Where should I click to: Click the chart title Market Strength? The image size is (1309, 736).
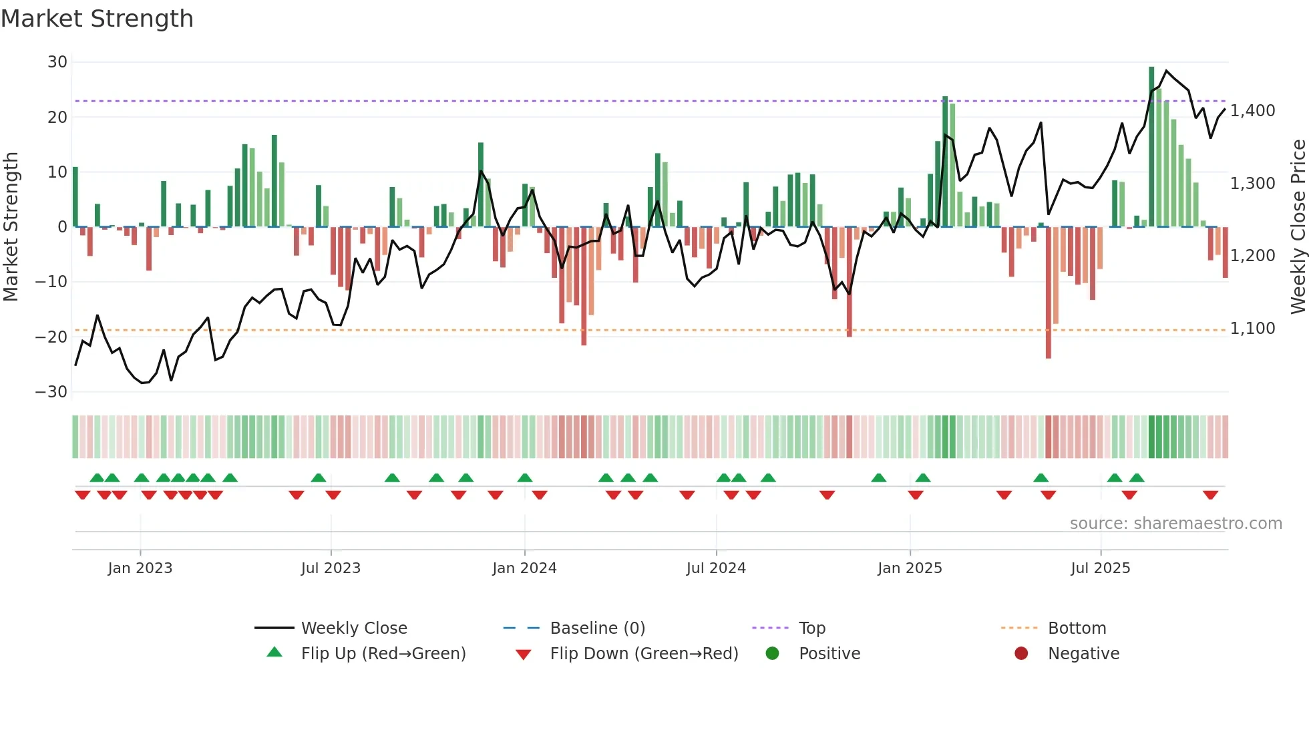(97, 19)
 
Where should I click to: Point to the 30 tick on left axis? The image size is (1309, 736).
(57, 62)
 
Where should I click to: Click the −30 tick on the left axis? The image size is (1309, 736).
(52, 392)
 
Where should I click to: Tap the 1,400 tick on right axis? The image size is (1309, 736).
(1253, 111)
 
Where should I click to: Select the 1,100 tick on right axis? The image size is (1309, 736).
(1253, 329)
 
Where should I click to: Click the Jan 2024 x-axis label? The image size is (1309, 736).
(524, 568)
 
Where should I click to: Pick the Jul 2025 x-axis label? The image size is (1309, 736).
(1100, 568)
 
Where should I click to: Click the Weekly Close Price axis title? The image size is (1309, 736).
(1298, 227)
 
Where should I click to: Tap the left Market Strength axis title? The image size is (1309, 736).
(11, 227)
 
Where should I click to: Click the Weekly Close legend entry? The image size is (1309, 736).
(354, 628)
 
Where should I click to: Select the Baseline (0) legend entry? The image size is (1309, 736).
(597, 628)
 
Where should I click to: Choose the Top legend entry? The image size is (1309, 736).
(812, 628)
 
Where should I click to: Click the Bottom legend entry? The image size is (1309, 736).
(1077, 628)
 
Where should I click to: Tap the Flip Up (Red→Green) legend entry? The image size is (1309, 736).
(383, 654)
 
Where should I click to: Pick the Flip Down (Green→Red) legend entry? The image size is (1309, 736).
(644, 654)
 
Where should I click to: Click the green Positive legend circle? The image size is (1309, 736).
(773, 654)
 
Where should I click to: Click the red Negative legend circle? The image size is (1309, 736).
(1021, 654)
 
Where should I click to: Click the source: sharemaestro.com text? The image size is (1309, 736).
(1175, 524)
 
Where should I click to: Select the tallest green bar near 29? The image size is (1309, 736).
(1151, 147)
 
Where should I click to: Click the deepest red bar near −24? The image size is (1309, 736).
(1049, 294)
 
